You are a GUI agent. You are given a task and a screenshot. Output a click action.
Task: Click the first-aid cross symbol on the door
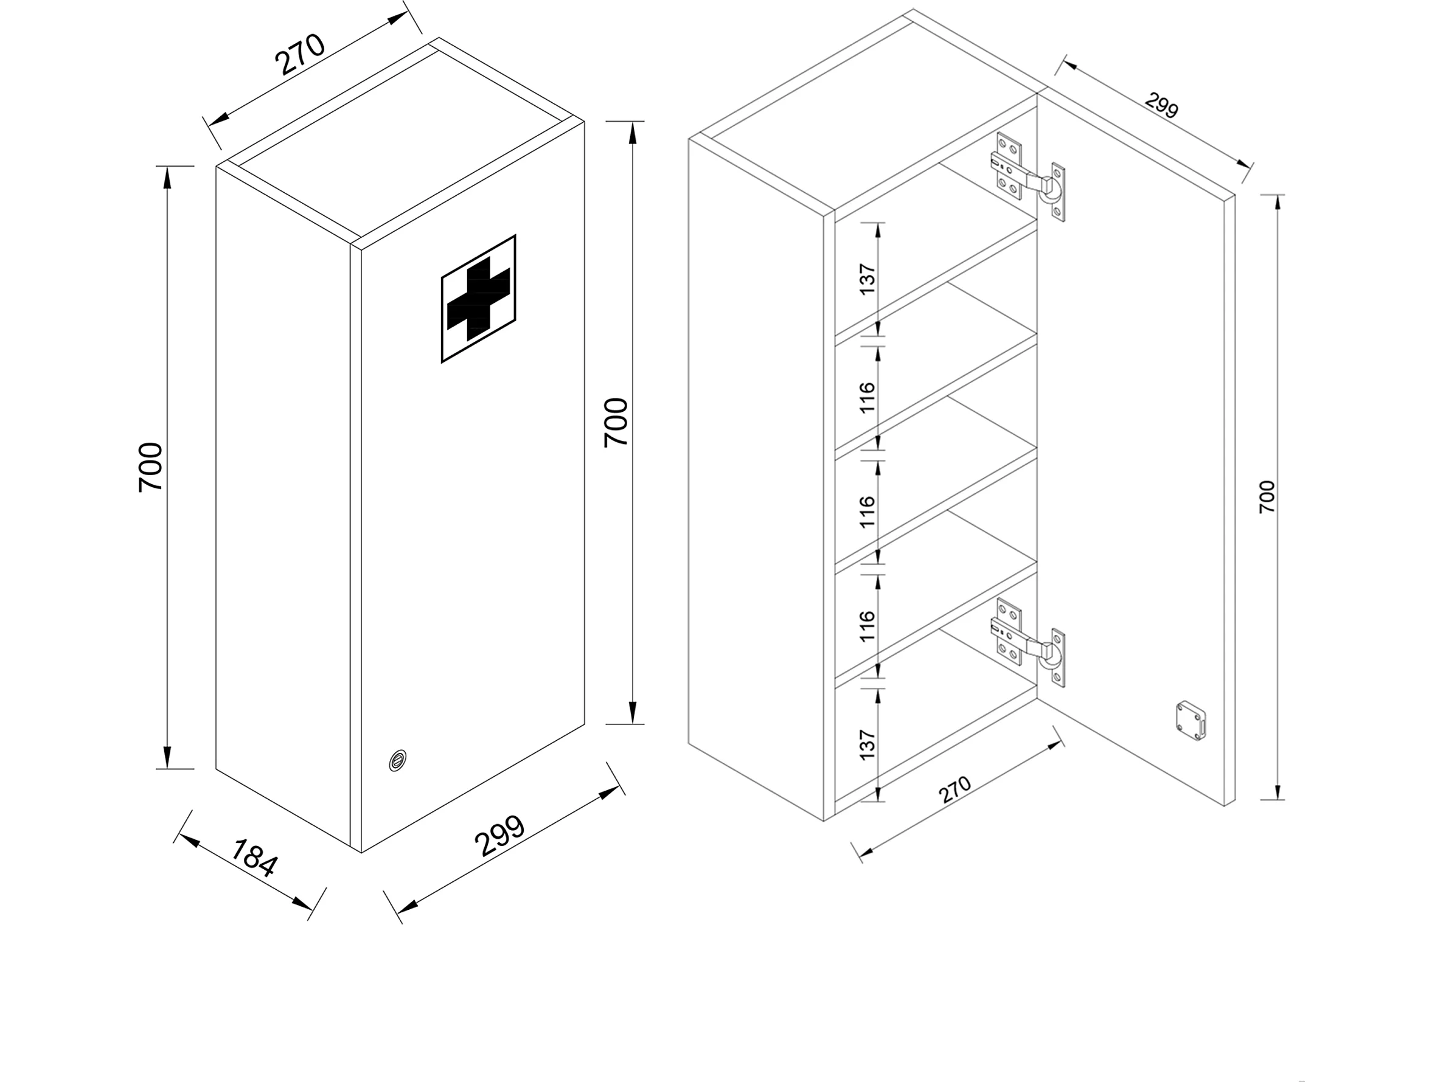coord(478,298)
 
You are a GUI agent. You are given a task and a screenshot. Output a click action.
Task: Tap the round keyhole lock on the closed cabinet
coord(397,760)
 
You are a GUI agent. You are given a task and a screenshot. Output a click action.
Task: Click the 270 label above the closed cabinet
coord(300,54)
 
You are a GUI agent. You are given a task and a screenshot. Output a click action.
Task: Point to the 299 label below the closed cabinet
coord(500,836)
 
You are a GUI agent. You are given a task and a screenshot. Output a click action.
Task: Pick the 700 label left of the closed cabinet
coord(151,467)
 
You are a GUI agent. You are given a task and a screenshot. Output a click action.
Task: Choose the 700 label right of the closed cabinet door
coord(616,422)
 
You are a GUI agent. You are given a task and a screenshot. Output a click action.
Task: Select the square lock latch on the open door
coord(1191,720)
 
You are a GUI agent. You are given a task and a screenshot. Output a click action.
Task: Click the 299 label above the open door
coord(1162,106)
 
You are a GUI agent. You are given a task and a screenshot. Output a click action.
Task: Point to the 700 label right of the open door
coord(1266,496)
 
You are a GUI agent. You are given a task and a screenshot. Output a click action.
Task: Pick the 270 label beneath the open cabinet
coord(955,790)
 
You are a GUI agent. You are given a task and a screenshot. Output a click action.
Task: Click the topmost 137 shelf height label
coord(867,279)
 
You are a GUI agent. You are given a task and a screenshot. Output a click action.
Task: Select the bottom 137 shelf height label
coord(867,745)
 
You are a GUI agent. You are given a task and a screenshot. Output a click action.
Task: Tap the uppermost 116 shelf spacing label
coord(867,397)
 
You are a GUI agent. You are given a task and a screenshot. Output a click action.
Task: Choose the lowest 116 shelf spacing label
coord(867,626)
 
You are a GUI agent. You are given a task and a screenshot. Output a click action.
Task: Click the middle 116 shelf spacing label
coord(867,512)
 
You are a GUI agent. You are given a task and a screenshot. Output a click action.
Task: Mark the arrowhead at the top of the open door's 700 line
coord(1278,202)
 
